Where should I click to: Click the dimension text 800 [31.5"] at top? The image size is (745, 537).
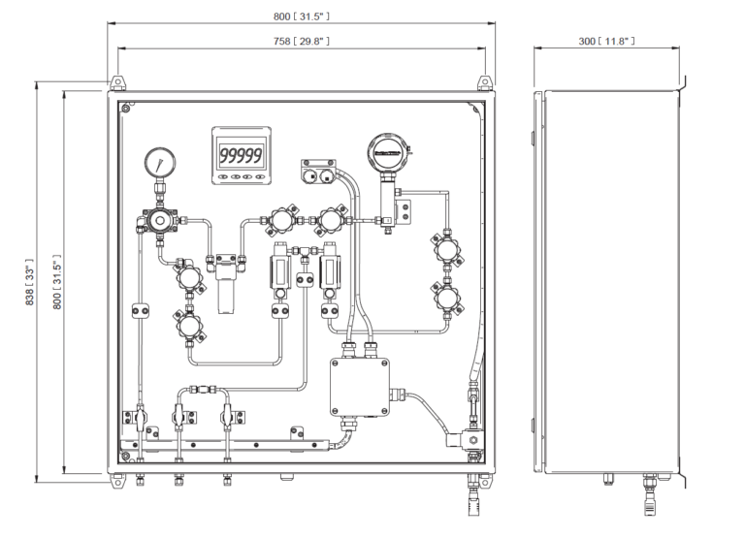[x=301, y=16]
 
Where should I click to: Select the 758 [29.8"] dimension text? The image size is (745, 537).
[x=301, y=42]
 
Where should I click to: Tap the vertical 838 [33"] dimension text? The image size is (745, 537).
[x=29, y=282]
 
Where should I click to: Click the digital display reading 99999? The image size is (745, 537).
[x=241, y=155]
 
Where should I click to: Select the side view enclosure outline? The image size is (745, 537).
[x=610, y=281]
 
